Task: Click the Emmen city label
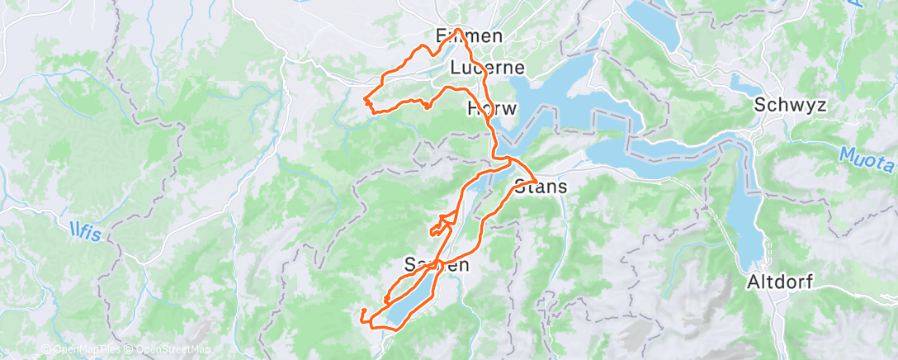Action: [x=468, y=36]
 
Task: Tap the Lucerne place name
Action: [x=488, y=68]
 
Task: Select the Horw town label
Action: [x=492, y=109]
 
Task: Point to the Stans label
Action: [x=541, y=187]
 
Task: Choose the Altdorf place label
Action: [x=780, y=282]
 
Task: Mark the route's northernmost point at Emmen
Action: [x=457, y=30]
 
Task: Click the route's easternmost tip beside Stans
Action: [x=537, y=181]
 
